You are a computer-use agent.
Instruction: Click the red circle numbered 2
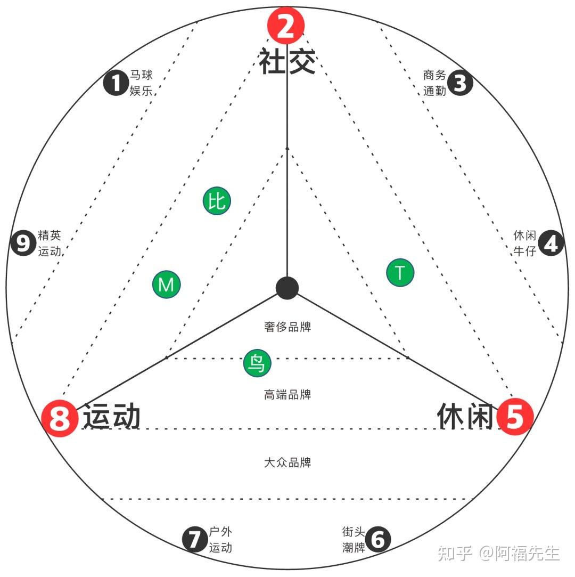pyautogui.click(x=286, y=26)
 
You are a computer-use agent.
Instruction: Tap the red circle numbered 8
pyautogui.click(x=60, y=418)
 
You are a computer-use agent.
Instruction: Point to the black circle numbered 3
pyautogui.click(x=460, y=83)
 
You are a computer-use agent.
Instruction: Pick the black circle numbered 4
pyautogui.click(x=551, y=243)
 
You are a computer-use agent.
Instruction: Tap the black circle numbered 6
pyautogui.click(x=377, y=539)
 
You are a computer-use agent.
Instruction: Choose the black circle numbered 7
pyautogui.click(x=195, y=539)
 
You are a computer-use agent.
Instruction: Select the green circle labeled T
pyautogui.click(x=400, y=273)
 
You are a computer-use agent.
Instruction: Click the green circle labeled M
pyautogui.click(x=166, y=285)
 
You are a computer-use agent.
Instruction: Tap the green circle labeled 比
pyautogui.click(x=217, y=201)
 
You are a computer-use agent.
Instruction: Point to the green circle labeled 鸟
pyautogui.click(x=257, y=363)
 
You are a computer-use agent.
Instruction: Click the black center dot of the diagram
pyautogui.click(x=287, y=288)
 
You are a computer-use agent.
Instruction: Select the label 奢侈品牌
pyautogui.click(x=287, y=327)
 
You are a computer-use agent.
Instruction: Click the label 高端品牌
pyautogui.click(x=287, y=395)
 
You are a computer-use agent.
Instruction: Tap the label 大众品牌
pyautogui.click(x=287, y=462)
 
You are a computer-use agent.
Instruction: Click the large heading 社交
pyautogui.click(x=287, y=61)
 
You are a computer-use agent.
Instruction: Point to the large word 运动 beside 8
pyautogui.click(x=112, y=417)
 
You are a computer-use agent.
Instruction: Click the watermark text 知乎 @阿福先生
pyautogui.click(x=498, y=554)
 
